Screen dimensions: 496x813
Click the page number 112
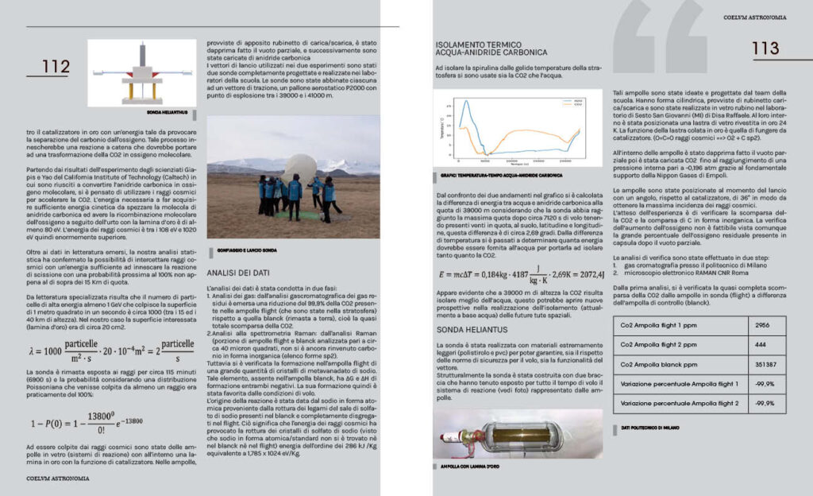56,67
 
